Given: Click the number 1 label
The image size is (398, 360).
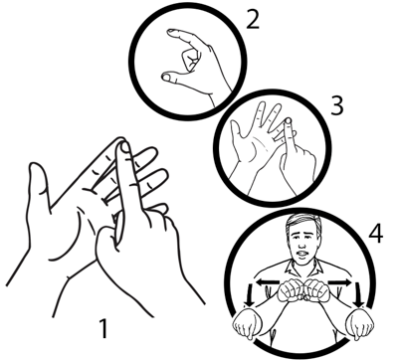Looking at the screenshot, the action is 104,328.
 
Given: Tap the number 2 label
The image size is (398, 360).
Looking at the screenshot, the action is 253,19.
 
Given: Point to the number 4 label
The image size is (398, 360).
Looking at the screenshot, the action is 376,233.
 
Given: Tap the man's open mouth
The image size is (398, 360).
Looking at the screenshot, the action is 302,255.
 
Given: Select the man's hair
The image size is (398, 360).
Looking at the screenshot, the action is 303,222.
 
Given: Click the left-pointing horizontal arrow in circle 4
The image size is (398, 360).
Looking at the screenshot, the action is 268,282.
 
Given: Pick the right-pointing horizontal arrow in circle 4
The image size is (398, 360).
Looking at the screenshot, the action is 339,282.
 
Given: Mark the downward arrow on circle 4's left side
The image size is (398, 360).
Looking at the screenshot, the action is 249,295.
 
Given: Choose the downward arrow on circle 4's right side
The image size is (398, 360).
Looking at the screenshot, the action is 358,295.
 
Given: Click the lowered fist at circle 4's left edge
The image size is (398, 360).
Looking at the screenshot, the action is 248,323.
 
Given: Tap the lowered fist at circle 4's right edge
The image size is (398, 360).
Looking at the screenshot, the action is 359,323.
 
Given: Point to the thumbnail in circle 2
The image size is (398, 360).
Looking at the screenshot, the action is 166,78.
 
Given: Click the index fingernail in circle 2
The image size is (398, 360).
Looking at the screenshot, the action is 172,31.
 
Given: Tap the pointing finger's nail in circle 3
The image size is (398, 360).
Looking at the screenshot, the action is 289,121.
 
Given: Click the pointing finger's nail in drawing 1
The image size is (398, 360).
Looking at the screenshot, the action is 124,147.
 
